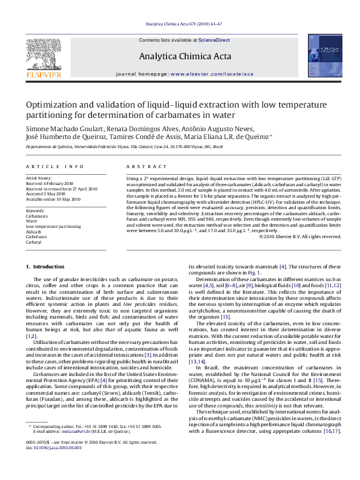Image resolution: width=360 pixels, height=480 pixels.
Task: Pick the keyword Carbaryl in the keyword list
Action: point(34,242)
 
